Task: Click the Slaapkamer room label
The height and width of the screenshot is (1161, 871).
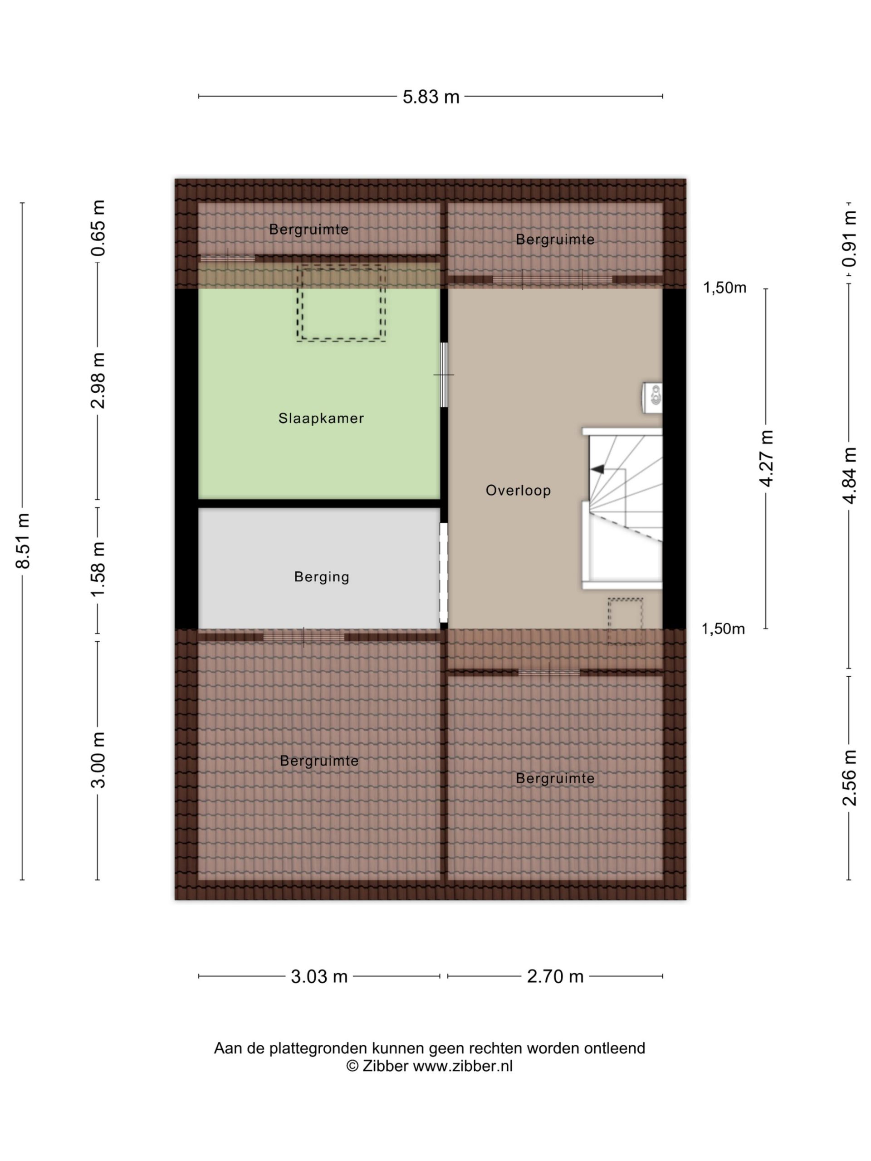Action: coord(321,418)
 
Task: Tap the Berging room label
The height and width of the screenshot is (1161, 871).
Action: coord(321,577)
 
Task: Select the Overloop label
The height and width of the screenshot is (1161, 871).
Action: coord(518,490)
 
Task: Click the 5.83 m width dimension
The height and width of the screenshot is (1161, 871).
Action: coord(431,97)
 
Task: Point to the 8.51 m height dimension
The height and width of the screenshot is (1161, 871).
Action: coord(24,541)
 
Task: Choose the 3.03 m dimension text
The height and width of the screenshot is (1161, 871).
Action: coord(319,977)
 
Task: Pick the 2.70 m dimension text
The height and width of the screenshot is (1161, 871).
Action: coord(555,977)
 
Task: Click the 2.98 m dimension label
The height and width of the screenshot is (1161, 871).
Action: coord(98,380)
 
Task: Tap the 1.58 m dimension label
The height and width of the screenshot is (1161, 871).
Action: coord(98,570)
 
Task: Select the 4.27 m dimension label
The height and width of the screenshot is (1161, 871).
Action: coord(767,458)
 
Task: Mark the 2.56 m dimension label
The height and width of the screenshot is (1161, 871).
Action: coord(849,777)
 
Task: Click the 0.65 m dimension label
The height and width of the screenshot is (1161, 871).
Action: coord(98,228)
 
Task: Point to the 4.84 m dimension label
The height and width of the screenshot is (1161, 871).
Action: coord(849,476)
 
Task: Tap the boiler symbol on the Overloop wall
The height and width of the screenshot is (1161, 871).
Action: coord(653,397)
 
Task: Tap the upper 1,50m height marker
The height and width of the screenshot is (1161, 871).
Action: coord(724,288)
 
